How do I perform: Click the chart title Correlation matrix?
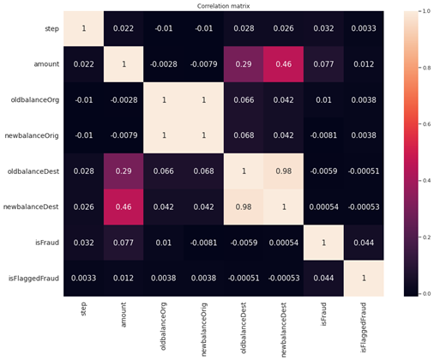click(x=217, y=5)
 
